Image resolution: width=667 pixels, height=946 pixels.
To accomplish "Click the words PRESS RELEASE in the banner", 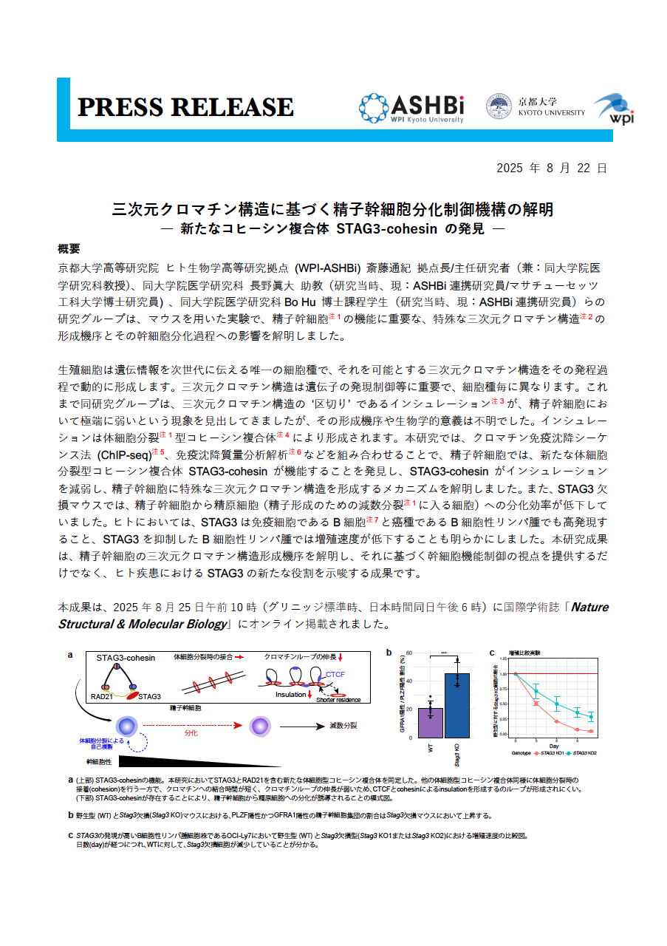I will [185, 107].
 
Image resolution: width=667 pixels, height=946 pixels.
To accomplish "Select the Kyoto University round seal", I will [499, 106].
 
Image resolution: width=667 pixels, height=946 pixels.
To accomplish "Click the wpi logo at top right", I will [612, 109].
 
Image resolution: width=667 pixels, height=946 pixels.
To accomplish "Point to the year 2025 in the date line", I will [510, 169].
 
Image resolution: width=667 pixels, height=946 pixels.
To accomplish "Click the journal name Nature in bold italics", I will [590, 607].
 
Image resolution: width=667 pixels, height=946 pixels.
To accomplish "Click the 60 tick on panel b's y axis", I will [408, 653].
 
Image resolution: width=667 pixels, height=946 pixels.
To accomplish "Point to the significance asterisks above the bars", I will [443, 653].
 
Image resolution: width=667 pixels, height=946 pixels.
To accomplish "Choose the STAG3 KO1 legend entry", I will [550, 752].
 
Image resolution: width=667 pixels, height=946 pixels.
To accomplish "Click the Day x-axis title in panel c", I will [554, 745].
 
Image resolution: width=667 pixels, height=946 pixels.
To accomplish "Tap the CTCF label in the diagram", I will [335, 674].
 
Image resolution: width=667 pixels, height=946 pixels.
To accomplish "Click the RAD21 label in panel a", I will [101, 695].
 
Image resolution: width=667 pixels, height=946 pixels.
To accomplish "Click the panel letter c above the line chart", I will [493, 652].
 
